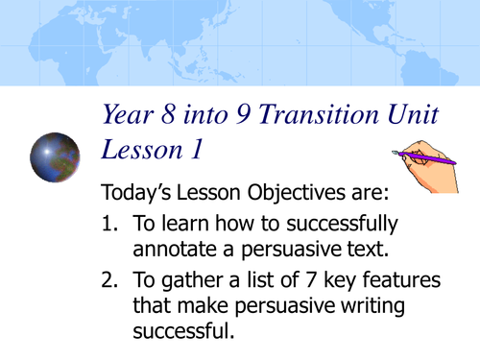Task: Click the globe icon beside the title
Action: tap(55, 158)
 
